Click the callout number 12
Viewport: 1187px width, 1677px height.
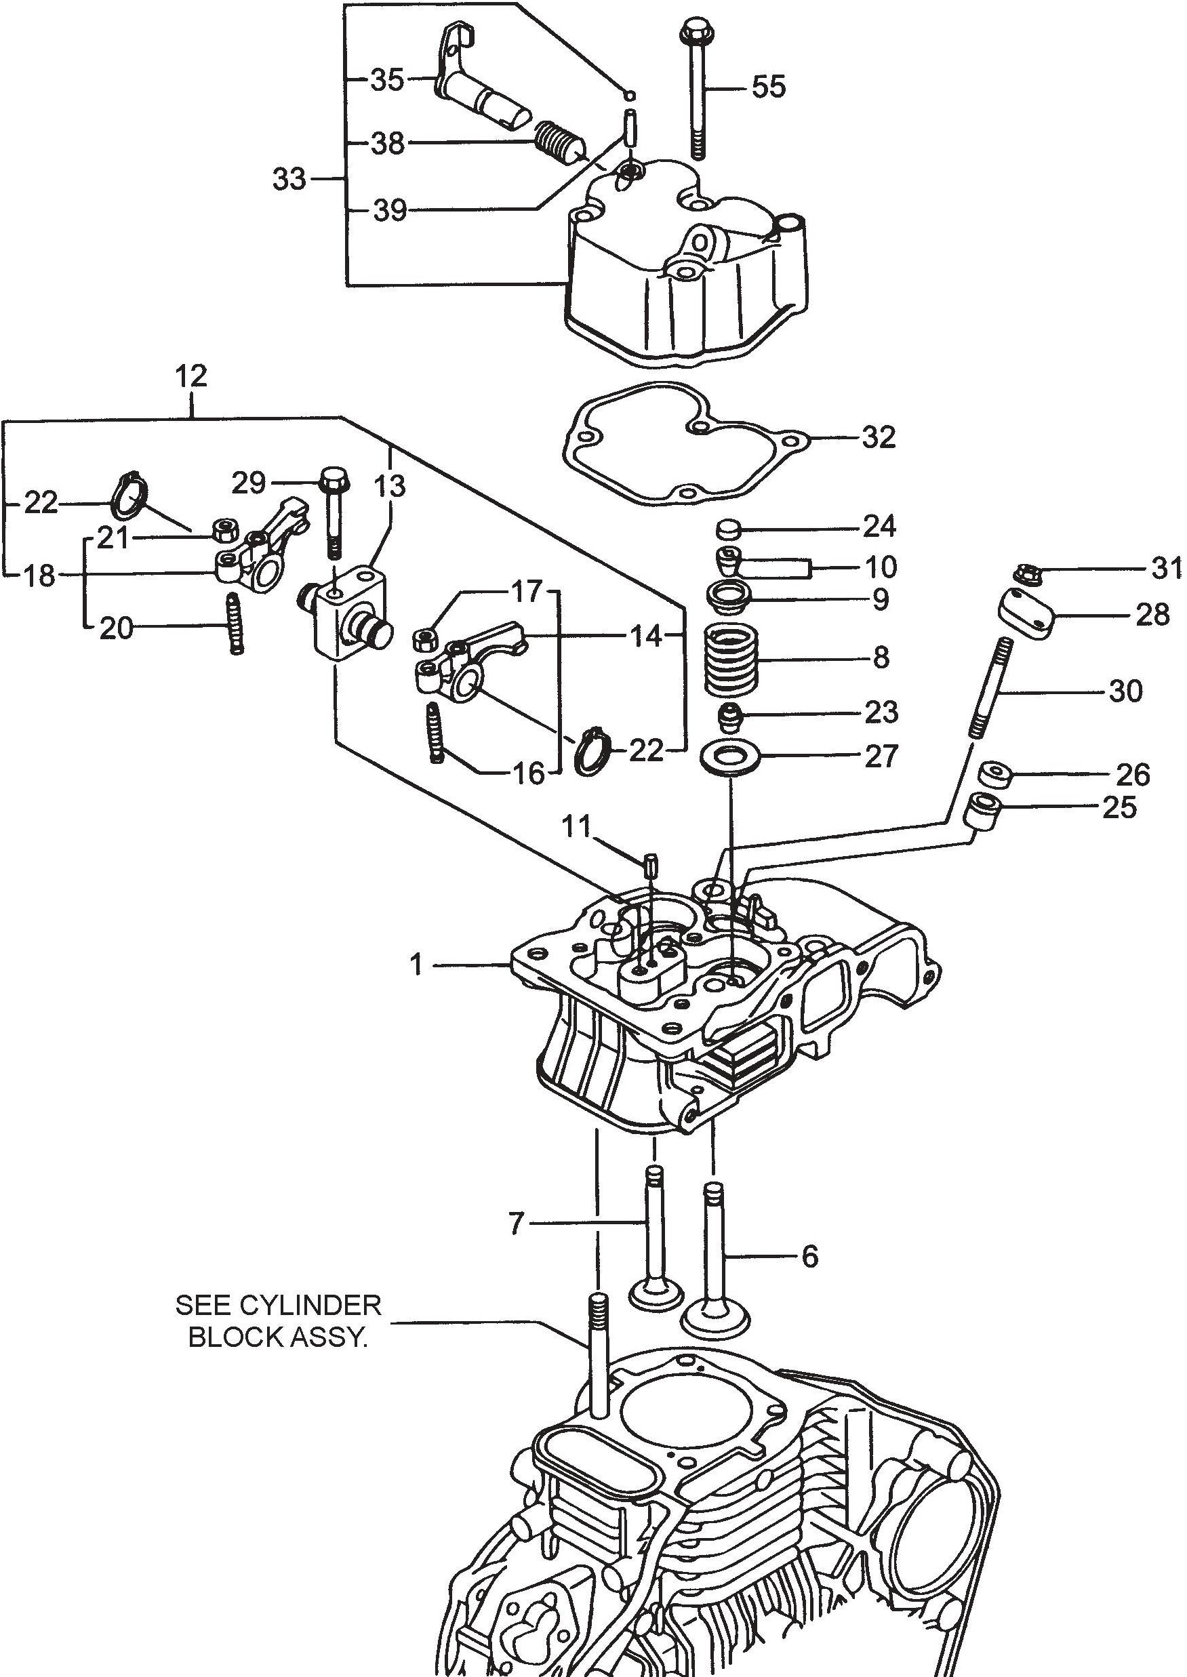191,377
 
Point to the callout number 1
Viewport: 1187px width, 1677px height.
417,965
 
